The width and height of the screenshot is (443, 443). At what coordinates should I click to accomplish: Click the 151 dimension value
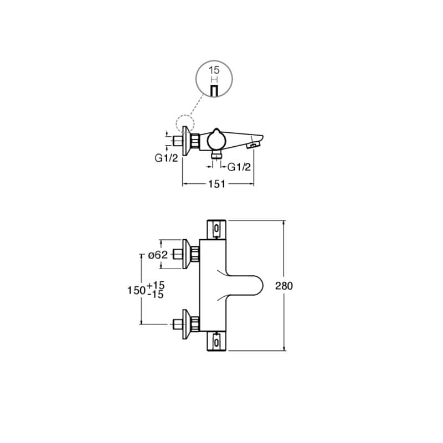click(x=217, y=184)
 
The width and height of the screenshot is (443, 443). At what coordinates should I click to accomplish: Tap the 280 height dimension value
click(x=284, y=286)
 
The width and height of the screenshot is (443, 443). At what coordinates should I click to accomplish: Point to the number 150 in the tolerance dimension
click(x=136, y=290)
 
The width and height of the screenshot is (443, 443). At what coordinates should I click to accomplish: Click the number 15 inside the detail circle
click(x=214, y=70)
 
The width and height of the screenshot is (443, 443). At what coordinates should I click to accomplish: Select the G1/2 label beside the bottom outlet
click(x=239, y=167)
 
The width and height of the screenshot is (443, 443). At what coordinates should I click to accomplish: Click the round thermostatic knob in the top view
click(x=217, y=139)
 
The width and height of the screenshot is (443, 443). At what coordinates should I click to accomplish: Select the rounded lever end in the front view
click(x=256, y=286)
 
